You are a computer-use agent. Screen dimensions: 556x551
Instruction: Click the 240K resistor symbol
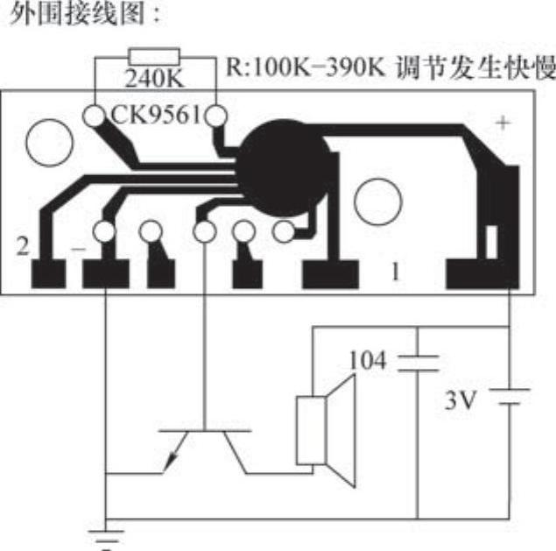[x=154, y=54]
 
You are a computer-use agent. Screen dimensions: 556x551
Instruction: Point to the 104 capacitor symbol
[x=417, y=362]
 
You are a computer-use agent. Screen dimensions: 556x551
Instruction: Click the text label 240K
[x=154, y=79]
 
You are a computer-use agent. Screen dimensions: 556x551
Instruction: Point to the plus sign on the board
[x=503, y=124]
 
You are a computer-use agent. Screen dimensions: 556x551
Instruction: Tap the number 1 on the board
[x=395, y=272]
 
